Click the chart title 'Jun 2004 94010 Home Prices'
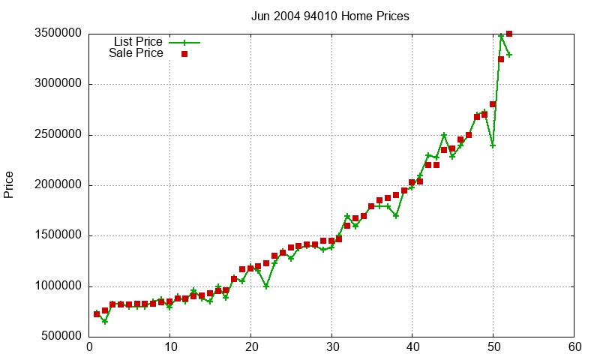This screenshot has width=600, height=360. (330, 16)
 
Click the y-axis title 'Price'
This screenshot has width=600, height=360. (9, 184)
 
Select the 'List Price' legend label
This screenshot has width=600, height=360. (138, 42)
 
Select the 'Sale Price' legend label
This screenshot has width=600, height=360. (136, 53)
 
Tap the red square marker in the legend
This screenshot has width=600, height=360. (184, 54)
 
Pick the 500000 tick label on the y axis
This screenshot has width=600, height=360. (58, 337)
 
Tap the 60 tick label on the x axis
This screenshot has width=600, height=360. (574, 347)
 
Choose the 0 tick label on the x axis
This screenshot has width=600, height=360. (89, 347)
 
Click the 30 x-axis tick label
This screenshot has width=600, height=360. (331, 347)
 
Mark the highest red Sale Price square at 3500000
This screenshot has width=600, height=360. (509, 34)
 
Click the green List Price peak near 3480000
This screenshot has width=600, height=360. (501, 36)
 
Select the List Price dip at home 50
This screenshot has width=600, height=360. (493, 145)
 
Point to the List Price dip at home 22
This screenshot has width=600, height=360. (266, 286)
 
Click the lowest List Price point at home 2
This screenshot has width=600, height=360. (105, 321)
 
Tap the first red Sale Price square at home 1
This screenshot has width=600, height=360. (97, 313)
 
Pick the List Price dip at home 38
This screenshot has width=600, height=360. (396, 215)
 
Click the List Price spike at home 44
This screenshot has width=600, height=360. (444, 135)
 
